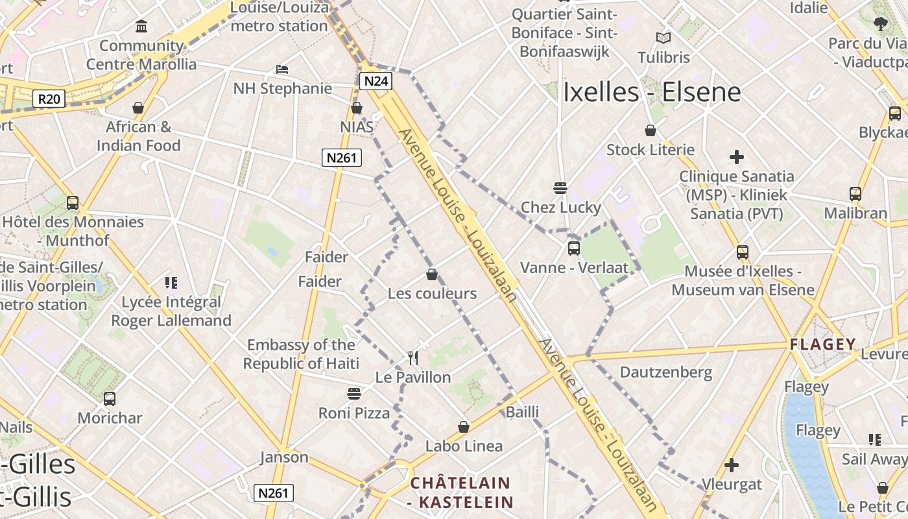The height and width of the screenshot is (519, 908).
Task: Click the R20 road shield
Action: [x=49, y=99]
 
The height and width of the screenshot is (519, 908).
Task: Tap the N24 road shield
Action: [x=376, y=81]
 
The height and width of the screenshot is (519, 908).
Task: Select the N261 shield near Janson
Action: [x=273, y=493]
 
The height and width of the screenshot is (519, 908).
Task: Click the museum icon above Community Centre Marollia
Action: [x=141, y=27]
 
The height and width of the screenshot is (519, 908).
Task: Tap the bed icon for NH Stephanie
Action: [x=282, y=69]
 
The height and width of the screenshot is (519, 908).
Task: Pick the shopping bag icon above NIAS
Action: [x=357, y=108]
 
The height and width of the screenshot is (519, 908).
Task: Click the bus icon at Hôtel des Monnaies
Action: [x=73, y=203]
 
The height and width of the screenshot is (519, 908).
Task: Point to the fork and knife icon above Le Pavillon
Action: [x=413, y=357]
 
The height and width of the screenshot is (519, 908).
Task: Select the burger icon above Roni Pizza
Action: [x=354, y=393]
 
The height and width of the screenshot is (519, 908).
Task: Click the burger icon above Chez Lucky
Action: [x=561, y=188]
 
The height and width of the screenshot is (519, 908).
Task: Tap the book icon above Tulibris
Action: [x=663, y=38]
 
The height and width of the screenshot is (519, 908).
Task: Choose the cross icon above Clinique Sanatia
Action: [x=736, y=157]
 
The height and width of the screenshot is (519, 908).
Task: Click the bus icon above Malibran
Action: [x=855, y=194]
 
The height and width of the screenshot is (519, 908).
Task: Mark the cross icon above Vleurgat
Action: [x=732, y=465]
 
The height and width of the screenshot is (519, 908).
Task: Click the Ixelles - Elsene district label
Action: [x=652, y=92]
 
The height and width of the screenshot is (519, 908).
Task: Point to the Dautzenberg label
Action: [x=666, y=372]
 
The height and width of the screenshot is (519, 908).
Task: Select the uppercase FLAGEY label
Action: [x=823, y=344]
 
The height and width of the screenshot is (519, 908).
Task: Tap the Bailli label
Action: [x=523, y=411]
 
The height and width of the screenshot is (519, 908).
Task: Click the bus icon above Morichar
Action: [x=110, y=399]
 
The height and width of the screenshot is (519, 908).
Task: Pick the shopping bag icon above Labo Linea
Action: [x=464, y=427]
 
